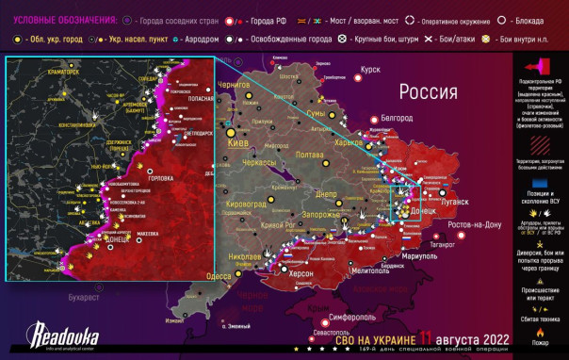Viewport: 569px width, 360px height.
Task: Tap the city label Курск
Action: tap(370, 69)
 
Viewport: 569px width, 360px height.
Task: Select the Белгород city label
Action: tap(396, 118)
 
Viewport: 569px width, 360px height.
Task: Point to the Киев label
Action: tap(241, 143)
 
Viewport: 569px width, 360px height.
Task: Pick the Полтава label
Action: tap(309, 154)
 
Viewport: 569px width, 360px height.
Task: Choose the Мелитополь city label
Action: tap(345, 271)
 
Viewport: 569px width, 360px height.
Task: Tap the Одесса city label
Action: tap(219, 276)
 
